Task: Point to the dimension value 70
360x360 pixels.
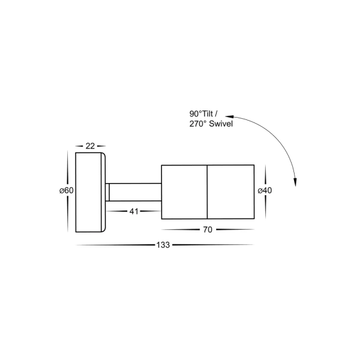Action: (208, 229)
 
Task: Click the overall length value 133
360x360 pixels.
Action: (163, 245)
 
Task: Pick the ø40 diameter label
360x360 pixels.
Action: (265, 191)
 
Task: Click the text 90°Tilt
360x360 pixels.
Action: (202, 114)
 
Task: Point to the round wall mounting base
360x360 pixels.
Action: (91, 192)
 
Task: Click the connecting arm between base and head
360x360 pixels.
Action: (136, 192)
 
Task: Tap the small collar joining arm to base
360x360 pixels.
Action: (108, 192)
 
